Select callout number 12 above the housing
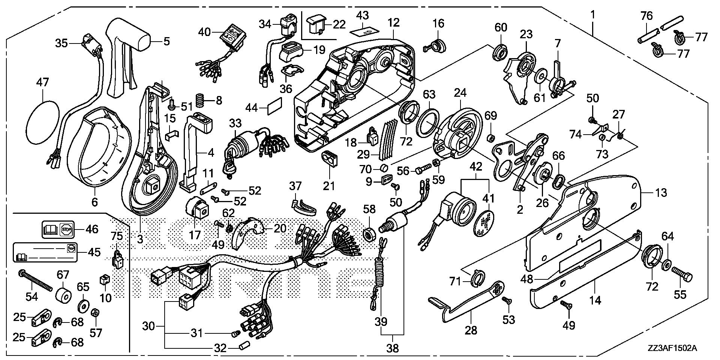393,23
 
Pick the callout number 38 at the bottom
393,348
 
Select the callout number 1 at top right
592,15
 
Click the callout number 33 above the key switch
236,123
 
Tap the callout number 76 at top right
646,15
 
